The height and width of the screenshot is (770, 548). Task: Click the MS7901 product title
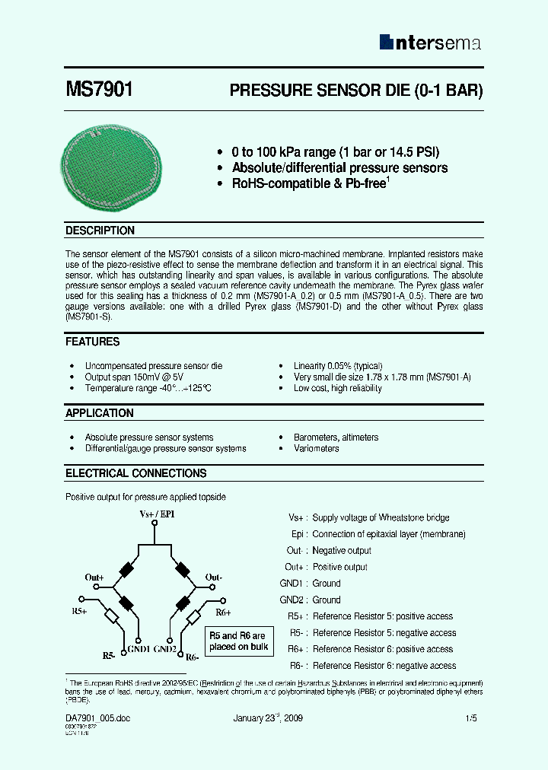[x=100, y=90]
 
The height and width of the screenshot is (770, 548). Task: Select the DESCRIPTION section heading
[x=100, y=231]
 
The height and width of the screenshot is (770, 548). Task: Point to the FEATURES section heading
[x=92, y=342]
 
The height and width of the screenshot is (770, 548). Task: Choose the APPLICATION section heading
[x=99, y=413]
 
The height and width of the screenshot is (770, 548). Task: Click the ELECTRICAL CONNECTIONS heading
[x=135, y=473]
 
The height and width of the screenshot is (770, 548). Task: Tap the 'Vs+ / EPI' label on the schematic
[x=157, y=515]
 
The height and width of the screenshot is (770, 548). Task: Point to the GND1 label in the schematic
[x=139, y=649]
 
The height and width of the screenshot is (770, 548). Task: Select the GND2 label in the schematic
[x=165, y=649]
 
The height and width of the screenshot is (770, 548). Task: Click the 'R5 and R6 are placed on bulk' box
[x=238, y=641]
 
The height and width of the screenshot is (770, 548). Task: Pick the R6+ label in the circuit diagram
[x=222, y=612]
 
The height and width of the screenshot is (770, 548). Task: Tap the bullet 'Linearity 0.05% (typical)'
[x=338, y=366]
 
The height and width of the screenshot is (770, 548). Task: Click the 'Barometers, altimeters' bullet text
[x=336, y=437]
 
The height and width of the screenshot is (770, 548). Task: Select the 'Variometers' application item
[x=317, y=449]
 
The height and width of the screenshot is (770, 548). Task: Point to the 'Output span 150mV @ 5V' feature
[x=134, y=377]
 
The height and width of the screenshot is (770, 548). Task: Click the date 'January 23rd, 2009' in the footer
[x=268, y=717]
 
